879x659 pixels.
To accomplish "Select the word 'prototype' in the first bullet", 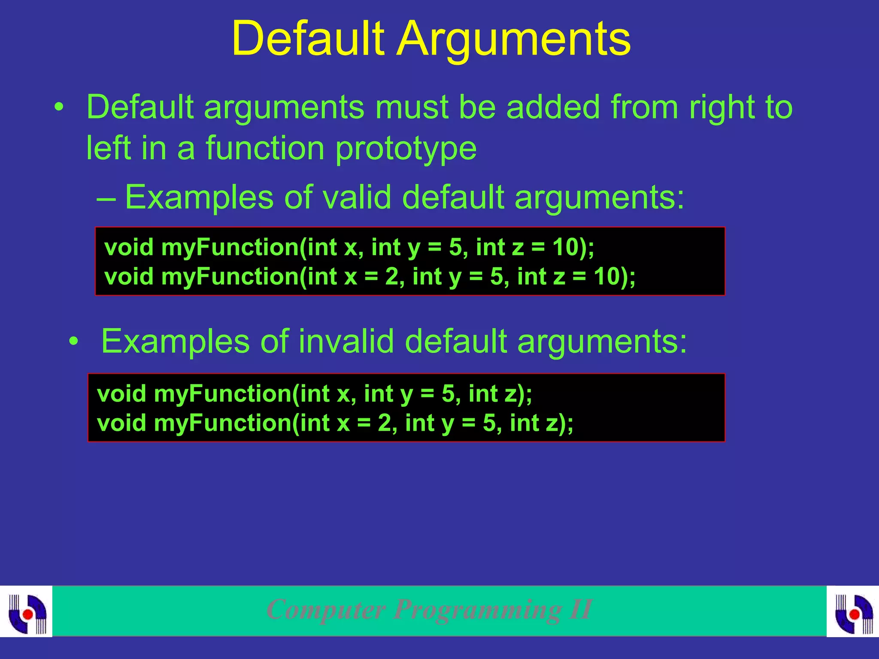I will point(406,148).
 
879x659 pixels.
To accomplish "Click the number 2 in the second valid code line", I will point(391,276).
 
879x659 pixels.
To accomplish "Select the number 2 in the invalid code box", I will point(384,423).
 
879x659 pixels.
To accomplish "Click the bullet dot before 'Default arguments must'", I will point(59,107).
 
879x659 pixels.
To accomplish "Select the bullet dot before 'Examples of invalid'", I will point(74,342).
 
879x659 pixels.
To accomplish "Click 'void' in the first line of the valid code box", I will point(129,247).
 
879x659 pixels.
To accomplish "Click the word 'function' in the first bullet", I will point(265,148).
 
